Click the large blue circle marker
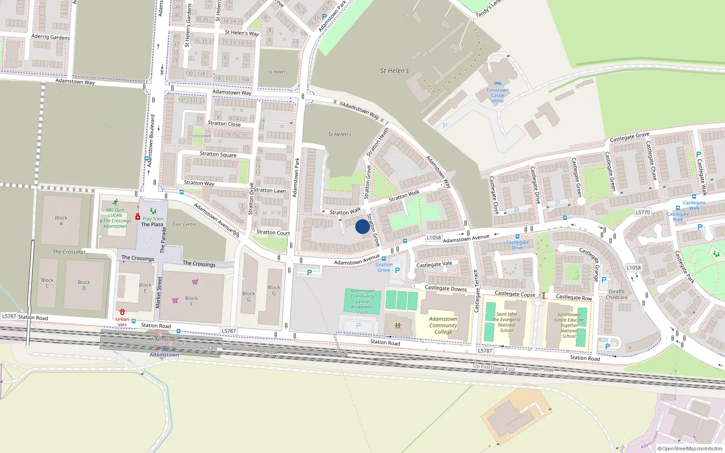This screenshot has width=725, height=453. (362, 226)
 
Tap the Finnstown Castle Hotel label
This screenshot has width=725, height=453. (498, 95)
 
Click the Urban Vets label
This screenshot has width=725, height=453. (122, 322)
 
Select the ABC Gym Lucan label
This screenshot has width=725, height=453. (115, 218)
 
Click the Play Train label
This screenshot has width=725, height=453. (153, 218)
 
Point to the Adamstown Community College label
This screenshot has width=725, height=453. (443, 325)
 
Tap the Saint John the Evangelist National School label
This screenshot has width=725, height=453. (507, 322)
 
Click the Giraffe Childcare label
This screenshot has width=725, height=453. (617, 294)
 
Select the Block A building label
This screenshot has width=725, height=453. (61, 221)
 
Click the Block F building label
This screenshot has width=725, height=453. (191, 301)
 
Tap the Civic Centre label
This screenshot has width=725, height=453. (184, 224)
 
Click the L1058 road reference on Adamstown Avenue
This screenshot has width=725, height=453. (433, 237)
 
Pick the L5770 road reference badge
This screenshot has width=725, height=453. (643, 212)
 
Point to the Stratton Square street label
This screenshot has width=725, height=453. (218, 154)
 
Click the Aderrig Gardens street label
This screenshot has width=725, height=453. (51, 37)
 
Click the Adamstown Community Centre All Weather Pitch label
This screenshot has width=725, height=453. (362, 302)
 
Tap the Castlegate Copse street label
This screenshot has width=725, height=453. (515, 294)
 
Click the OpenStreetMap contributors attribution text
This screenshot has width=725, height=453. (690, 448)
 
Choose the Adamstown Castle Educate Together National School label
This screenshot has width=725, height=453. (569, 325)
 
